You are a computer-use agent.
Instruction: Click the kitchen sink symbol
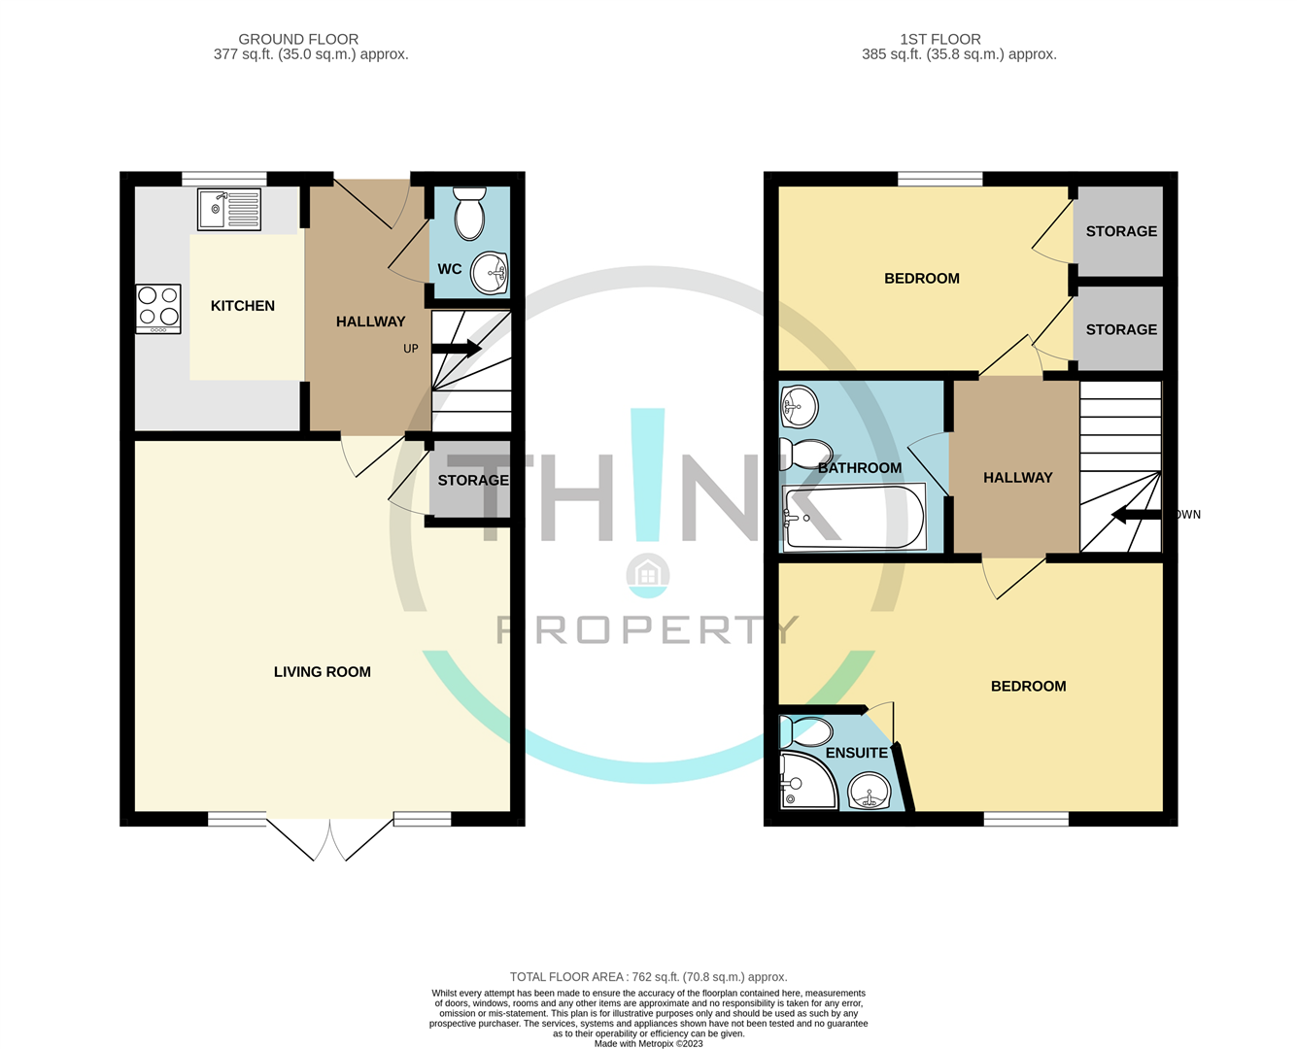pyautogui.click(x=229, y=209)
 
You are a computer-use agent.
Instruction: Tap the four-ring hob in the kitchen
pyautogui.click(x=158, y=307)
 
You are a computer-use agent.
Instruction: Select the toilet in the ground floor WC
pyautogui.click(x=469, y=214)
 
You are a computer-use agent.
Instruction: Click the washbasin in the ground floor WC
pyautogui.click(x=489, y=273)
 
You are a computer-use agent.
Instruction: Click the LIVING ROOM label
pyautogui.click(x=322, y=672)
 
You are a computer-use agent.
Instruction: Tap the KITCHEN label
pyautogui.click(x=243, y=306)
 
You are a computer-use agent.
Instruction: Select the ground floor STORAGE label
pyautogui.click(x=472, y=481)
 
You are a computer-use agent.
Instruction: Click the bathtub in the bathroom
pyautogui.click(x=854, y=517)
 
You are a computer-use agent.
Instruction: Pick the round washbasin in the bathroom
pyautogui.click(x=800, y=407)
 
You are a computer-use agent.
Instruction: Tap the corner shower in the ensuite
pyautogui.click(x=805, y=781)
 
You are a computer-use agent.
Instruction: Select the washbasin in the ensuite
pyautogui.click(x=869, y=792)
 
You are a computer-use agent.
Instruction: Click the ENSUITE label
pyautogui.click(x=856, y=753)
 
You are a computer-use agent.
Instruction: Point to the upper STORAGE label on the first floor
pyautogui.click(x=1121, y=231)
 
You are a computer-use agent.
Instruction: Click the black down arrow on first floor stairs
pyautogui.click(x=1135, y=514)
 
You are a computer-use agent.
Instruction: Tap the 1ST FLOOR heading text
pyautogui.click(x=939, y=40)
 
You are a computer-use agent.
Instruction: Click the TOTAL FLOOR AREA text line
pyautogui.click(x=648, y=977)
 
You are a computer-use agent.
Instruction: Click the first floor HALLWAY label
pyautogui.click(x=1017, y=478)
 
